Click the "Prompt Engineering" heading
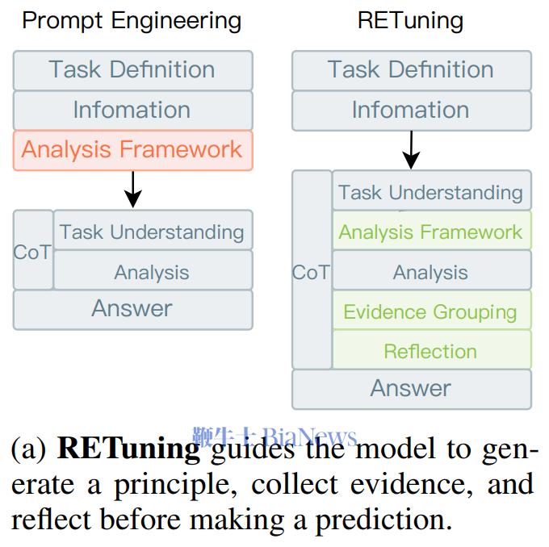[132, 20]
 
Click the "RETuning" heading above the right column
[410, 20]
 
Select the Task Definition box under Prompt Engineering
[132, 70]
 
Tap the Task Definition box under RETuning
[411, 70]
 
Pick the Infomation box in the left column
[132, 110]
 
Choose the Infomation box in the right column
[411, 110]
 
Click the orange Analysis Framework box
[132, 149]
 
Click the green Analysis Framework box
[431, 232]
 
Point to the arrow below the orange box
[133, 189]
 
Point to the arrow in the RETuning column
[411, 150]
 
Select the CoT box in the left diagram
[33, 252]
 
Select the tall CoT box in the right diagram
[312, 272]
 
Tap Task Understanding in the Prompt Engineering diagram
[152, 232]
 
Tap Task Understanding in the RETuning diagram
[431, 193]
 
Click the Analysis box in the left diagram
[152, 272]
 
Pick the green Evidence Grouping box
[431, 311]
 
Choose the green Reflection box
[431, 351]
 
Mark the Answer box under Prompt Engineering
[132, 309]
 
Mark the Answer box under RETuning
[411, 389]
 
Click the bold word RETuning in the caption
[129, 449]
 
